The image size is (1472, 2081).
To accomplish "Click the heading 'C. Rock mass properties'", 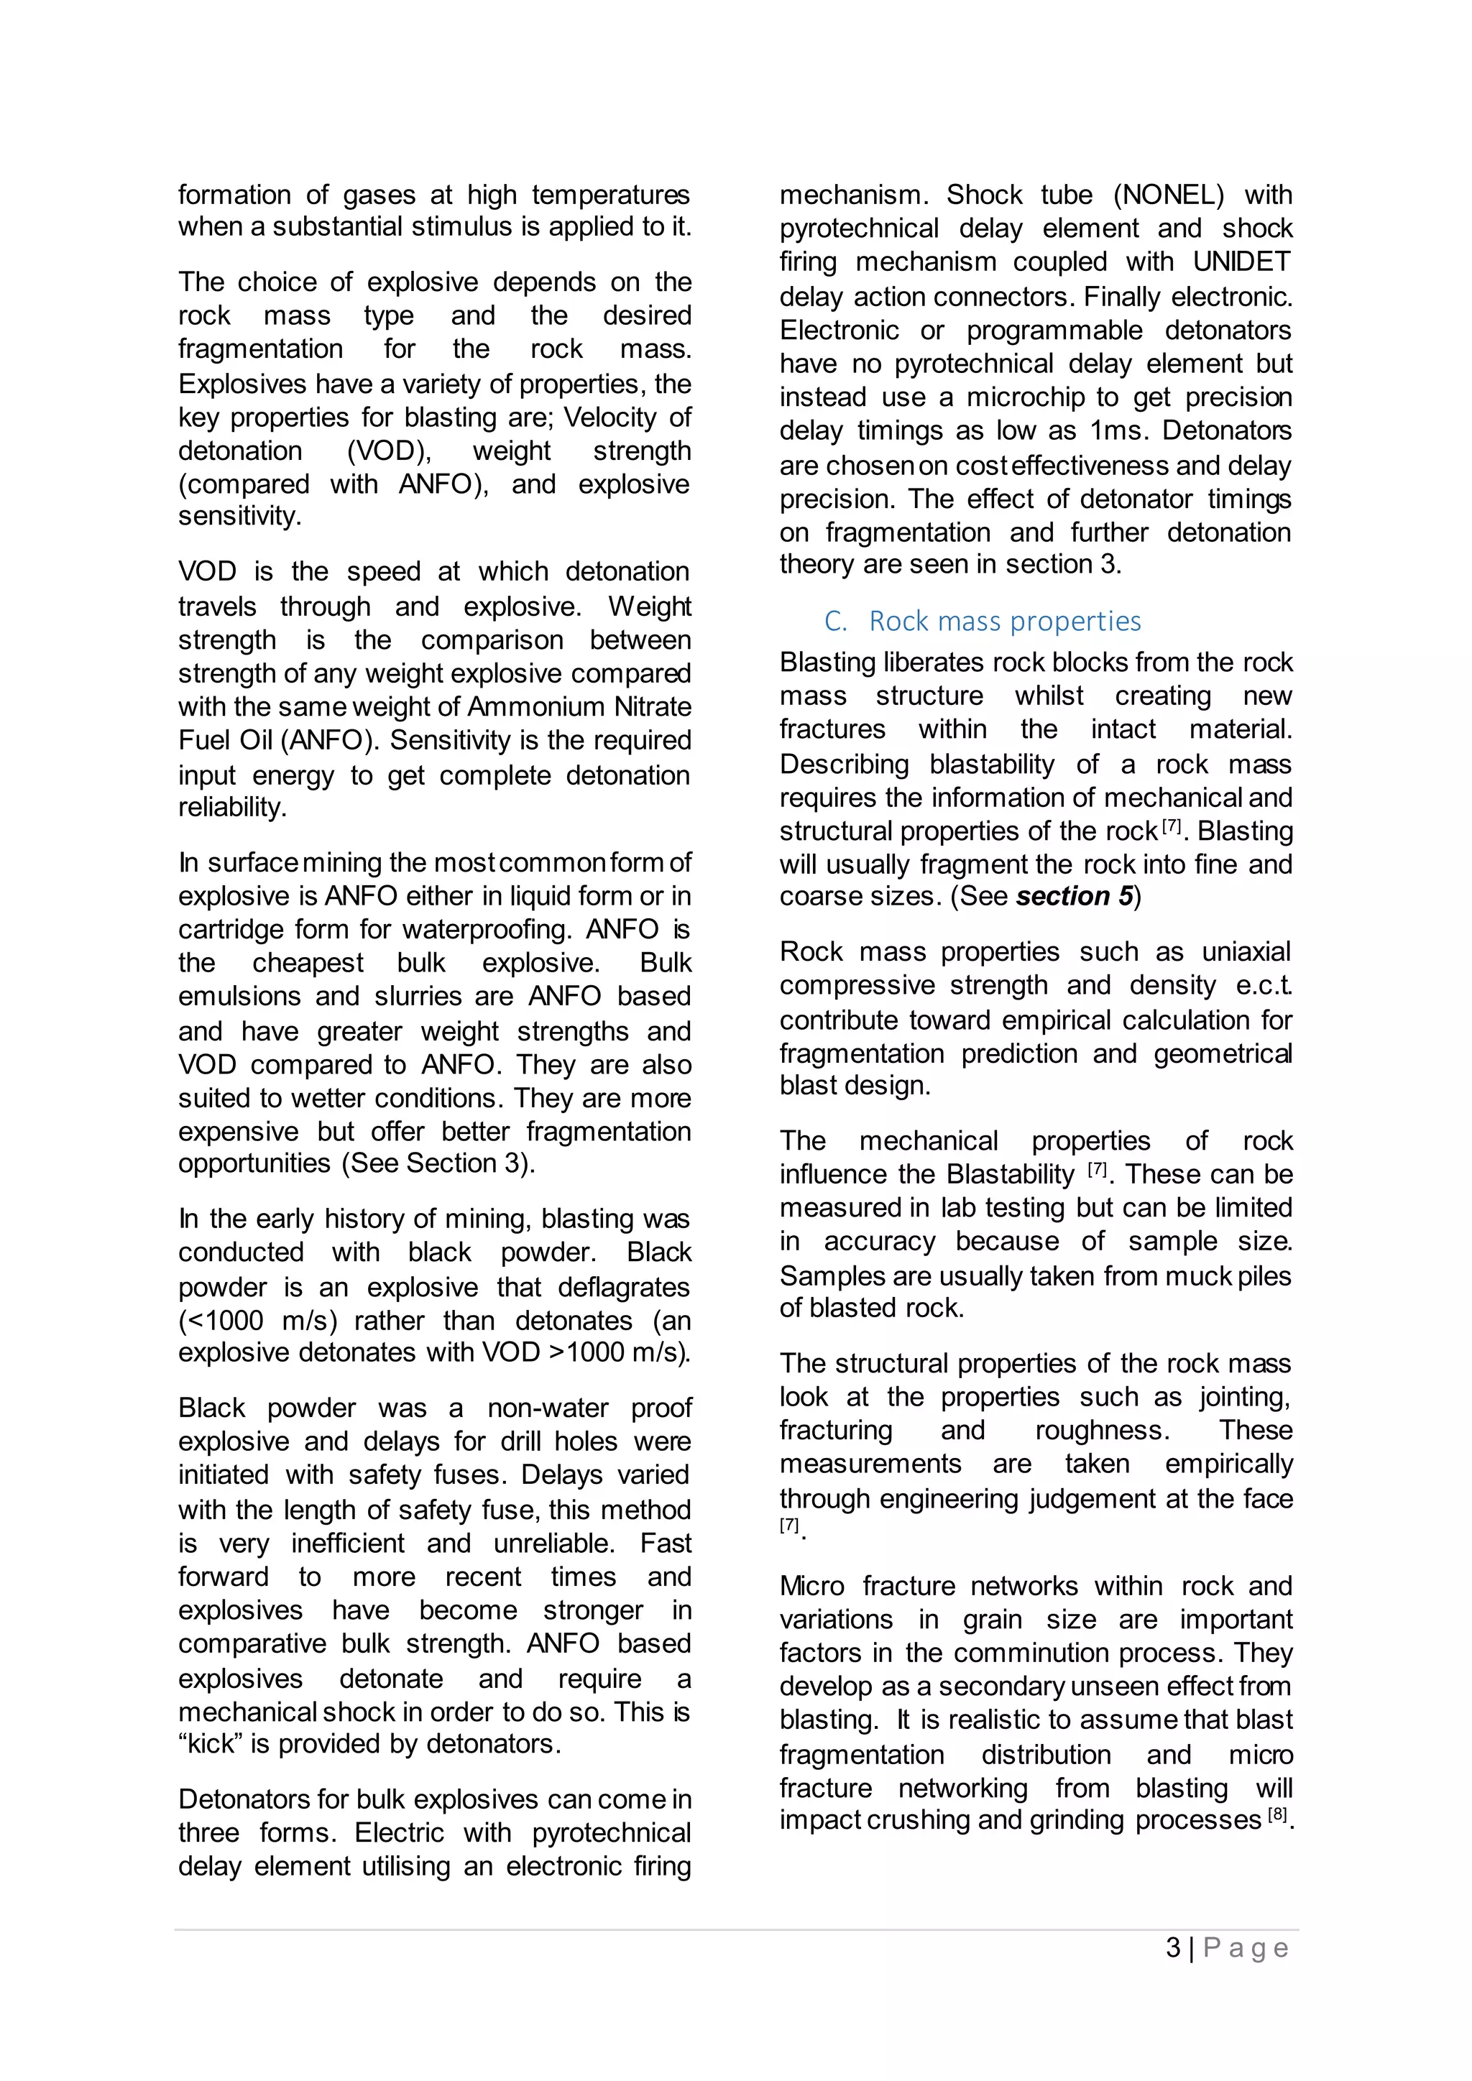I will point(983,621).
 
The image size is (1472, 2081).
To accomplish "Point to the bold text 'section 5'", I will point(1074,896).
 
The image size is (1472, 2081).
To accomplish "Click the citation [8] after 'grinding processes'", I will point(1276,1814).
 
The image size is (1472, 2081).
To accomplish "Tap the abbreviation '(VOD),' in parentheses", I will point(389,451).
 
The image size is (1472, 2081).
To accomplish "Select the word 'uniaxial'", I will point(1246,951).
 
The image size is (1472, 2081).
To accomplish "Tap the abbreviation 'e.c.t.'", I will point(1264,985).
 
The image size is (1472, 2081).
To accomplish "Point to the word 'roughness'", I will point(1101,1430).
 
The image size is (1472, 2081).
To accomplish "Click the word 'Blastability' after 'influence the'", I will point(1010,1175).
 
